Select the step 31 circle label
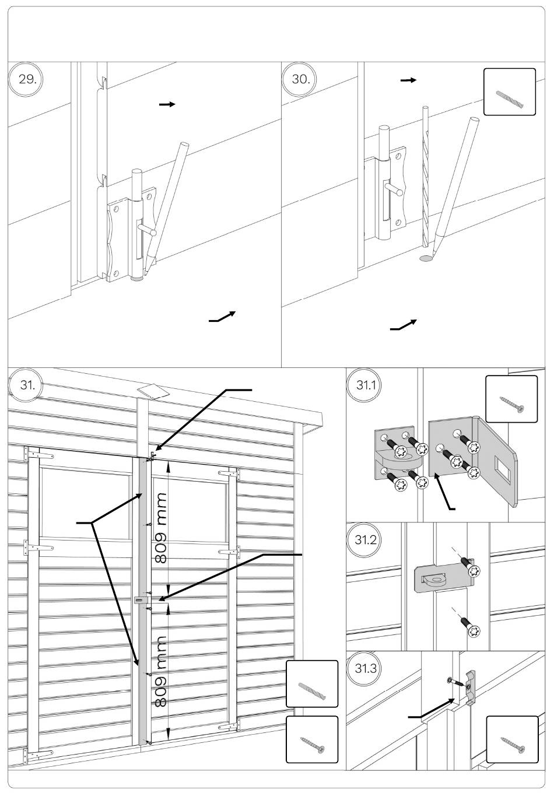[26, 385]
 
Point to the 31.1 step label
[364, 385]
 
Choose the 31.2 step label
[364, 540]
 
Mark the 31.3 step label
[364, 668]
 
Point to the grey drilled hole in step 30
[426, 258]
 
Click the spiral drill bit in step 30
[426, 177]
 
